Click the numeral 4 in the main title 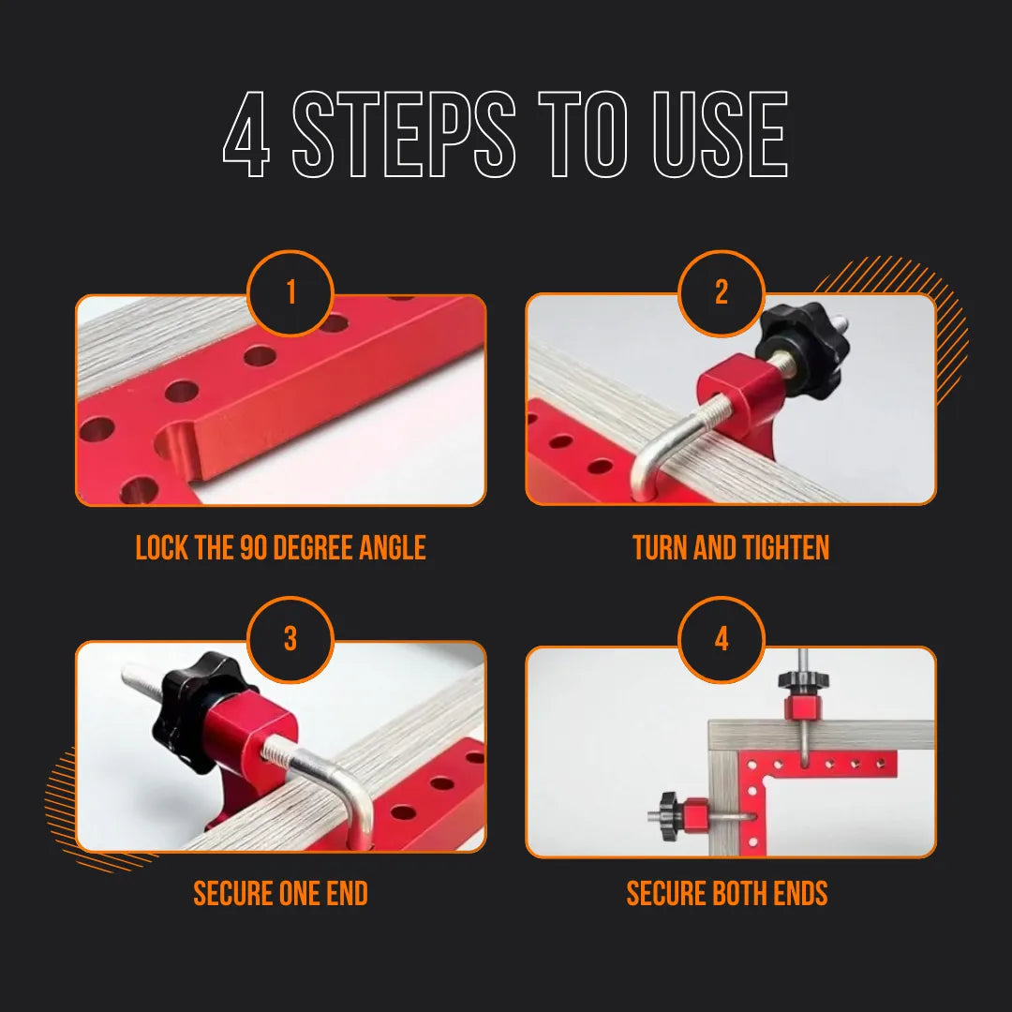246,136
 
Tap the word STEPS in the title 404,136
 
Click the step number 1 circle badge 290,293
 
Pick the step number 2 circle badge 722,293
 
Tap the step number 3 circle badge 290,640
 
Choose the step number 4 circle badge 722,640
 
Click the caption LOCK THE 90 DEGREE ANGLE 280,548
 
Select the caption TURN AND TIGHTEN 731,548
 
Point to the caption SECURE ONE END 280,894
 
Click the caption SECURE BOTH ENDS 727,894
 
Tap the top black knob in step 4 803,679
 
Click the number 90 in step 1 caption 254,548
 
